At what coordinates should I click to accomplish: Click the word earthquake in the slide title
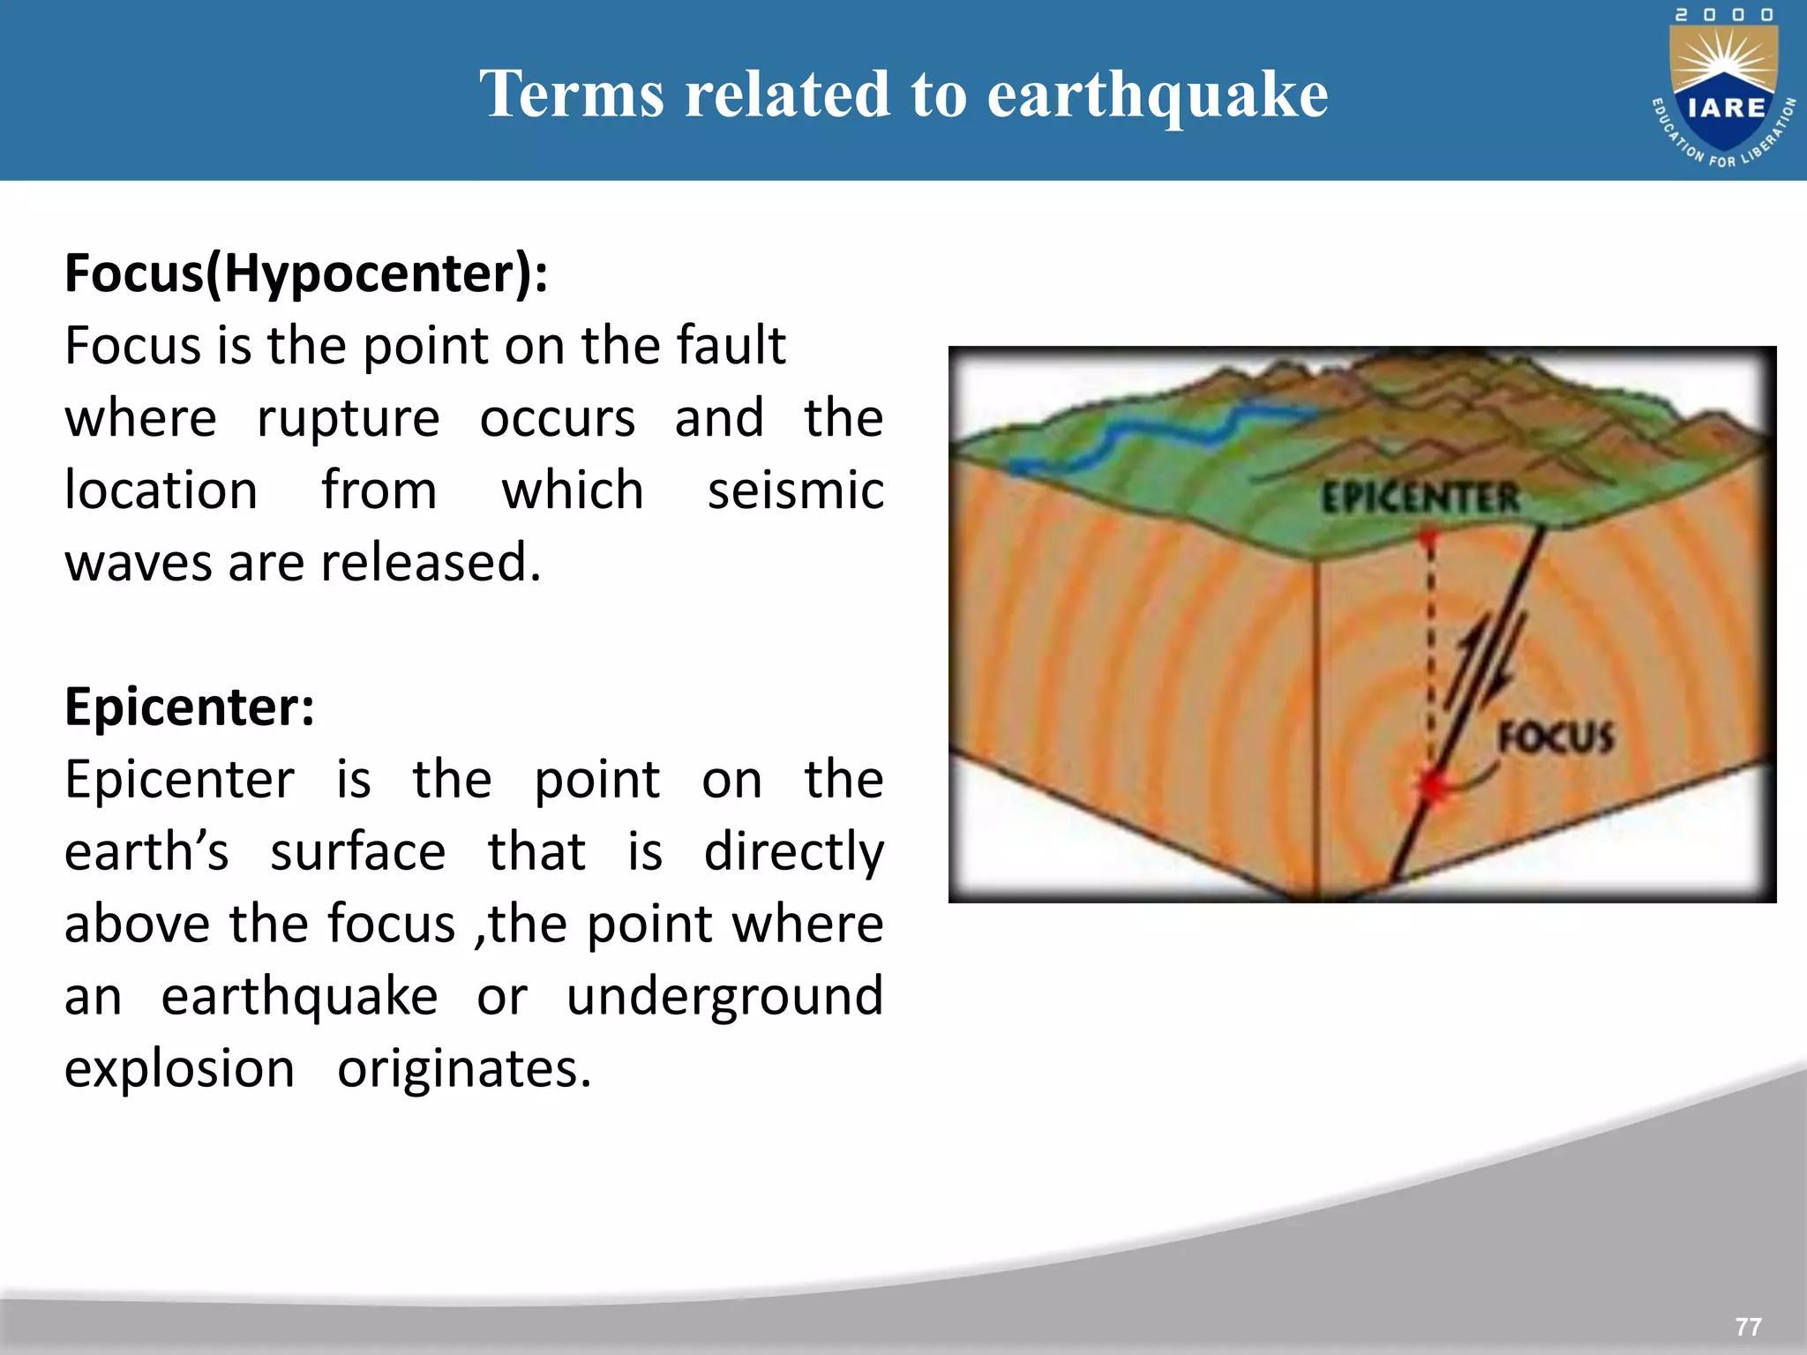[x=1157, y=94]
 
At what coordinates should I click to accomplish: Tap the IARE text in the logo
[x=1727, y=108]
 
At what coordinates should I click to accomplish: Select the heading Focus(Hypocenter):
[x=306, y=273]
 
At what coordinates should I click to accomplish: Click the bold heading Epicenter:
[x=190, y=707]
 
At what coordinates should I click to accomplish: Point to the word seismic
[x=795, y=490]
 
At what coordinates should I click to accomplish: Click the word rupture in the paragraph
[x=348, y=417]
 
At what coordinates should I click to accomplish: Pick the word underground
[x=724, y=996]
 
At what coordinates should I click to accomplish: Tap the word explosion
[x=179, y=1068]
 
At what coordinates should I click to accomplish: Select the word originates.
[x=463, y=1068]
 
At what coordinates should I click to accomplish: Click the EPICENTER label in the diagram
[x=1420, y=498]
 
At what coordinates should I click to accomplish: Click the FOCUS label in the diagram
[x=1556, y=737]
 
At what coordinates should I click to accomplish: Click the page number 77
[x=1747, y=1327]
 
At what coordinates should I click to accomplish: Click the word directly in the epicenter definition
[x=793, y=851]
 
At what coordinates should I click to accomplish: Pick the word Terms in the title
[x=572, y=94]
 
